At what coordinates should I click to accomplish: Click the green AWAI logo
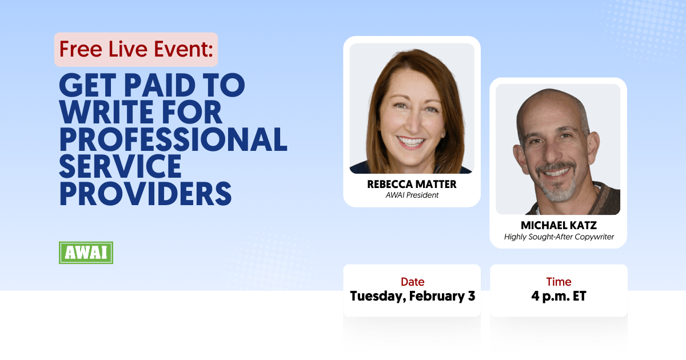86,253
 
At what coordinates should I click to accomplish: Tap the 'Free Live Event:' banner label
135,50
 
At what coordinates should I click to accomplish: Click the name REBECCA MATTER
411,185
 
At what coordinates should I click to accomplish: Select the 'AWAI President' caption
411,195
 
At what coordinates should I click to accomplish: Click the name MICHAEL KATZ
558,225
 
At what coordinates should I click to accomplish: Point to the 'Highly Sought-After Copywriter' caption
559,237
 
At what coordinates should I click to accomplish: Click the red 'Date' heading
412,282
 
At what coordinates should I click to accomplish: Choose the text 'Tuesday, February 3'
412,296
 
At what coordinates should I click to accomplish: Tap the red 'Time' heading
559,282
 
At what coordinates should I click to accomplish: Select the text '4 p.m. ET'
559,296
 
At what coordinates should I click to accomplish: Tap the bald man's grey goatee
557,189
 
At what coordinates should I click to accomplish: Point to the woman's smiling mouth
412,141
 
